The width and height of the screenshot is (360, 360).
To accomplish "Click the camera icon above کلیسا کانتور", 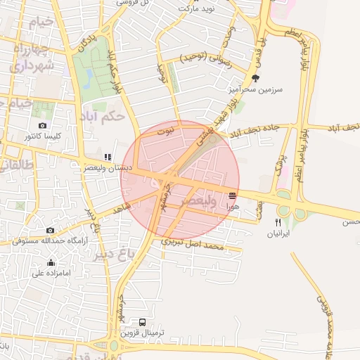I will point(43,126).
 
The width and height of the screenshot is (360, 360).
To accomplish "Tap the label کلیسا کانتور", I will point(43,135).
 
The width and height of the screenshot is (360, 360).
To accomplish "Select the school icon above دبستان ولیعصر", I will point(107,157).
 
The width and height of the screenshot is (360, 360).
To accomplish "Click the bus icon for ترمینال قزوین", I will point(143,322).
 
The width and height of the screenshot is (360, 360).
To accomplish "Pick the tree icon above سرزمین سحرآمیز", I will point(255,79).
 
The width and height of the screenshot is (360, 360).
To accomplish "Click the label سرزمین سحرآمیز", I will point(254,90).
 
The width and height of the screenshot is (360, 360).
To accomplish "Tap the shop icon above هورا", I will point(232,195).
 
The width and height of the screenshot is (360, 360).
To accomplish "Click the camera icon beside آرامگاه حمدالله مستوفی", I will point(50,231).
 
